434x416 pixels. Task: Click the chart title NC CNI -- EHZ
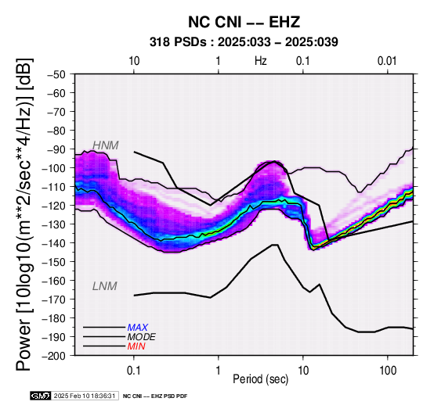point(244,22)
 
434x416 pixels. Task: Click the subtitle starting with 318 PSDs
point(244,42)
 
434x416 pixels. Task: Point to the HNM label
point(106,145)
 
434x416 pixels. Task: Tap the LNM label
point(105,286)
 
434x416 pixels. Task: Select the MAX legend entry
point(138,328)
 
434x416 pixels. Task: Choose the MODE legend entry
point(142,337)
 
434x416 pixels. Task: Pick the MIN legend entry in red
point(136,346)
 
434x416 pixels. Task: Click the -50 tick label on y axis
point(56,74)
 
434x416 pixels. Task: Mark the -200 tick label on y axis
point(54,356)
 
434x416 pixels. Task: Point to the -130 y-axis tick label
point(54,224)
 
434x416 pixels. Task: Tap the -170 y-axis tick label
point(54,299)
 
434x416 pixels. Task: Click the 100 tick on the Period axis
point(388,371)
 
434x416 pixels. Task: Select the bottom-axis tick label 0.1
point(134,371)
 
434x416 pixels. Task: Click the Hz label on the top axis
point(261,61)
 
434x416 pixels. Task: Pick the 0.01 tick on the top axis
point(387,61)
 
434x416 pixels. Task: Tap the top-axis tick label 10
point(134,61)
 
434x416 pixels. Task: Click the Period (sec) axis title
point(261,379)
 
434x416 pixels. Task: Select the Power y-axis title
point(24,214)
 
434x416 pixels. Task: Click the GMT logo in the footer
point(41,396)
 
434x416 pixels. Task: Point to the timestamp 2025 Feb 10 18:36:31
point(85,396)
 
